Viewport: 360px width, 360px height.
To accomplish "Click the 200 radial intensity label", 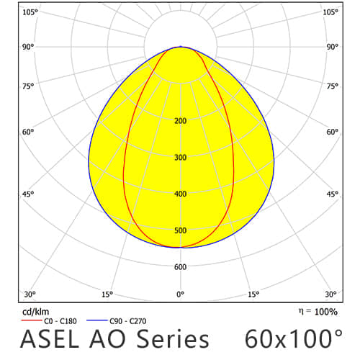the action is pyautogui.click(x=181, y=121).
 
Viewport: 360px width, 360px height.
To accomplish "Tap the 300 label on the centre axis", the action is pyautogui.click(x=181, y=158).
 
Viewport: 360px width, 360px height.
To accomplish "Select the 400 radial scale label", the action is pyautogui.click(x=181, y=194).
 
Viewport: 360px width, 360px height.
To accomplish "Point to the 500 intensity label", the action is pyautogui.click(x=181, y=230).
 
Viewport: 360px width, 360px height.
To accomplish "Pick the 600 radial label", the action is pyautogui.click(x=181, y=267).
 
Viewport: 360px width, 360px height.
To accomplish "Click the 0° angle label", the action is pyautogui.click(x=181, y=294).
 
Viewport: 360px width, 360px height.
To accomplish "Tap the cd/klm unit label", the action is pyautogui.click(x=35, y=312).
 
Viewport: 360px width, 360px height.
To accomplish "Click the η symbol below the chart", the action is pyautogui.click(x=301, y=312).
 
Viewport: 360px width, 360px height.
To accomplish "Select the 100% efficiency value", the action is pyautogui.click(x=326, y=312).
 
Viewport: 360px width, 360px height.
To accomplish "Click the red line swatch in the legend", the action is pyautogui.click(x=32, y=320).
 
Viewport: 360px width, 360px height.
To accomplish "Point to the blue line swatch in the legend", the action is pyautogui.click(x=97, y=320).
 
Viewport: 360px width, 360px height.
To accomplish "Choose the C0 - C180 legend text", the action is pyautogui.click(x=60, y=321).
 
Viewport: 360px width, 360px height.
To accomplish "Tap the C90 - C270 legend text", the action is pyautogui.click(x=128, y=321).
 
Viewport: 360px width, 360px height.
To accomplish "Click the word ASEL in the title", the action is pyautogui.click(x=50, y=339).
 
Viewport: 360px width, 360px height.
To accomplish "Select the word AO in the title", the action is pyautogui.click(x=107, y=339).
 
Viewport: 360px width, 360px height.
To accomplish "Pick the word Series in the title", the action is pyautogui.click(x=173, y=339).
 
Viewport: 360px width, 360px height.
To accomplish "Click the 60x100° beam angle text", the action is pyautogui.click(x=294, y=338).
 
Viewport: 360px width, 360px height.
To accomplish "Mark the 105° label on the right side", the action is pyautogui.click(x=330, y=12).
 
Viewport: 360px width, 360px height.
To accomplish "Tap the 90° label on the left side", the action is pyautogui.click(x=28, y=47).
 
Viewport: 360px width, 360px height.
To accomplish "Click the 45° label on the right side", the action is pyautogui.click(x=333, y=194).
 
